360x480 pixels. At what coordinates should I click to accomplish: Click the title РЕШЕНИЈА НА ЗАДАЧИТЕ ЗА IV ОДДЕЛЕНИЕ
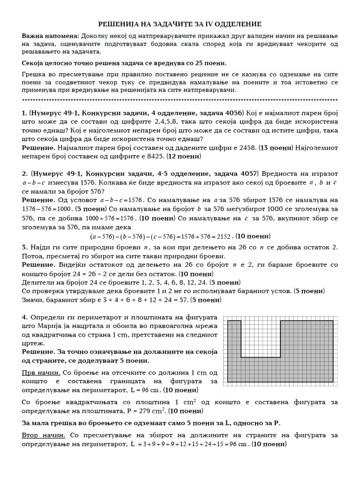[x=180, y=24]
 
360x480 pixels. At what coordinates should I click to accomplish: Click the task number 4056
[x=232, y=113]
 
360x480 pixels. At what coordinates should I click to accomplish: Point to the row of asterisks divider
[x=180, y=100]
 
